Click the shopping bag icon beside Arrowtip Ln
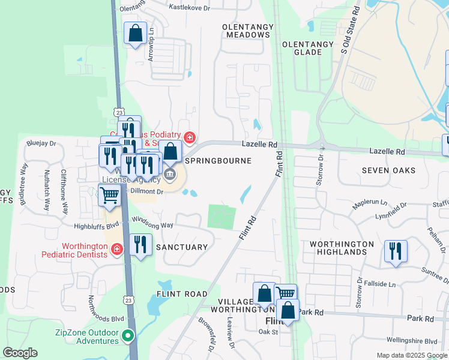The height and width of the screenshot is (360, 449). (136, 34)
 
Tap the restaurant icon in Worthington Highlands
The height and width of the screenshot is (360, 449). (395, 251)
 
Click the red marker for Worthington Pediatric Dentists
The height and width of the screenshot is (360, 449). (117, 249)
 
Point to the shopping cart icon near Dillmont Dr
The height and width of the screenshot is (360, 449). (109, 195)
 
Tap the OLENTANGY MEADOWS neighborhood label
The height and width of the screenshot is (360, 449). (246, 31)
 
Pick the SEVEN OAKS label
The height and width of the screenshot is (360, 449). (388, 170)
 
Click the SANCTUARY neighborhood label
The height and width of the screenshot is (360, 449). (181, 247)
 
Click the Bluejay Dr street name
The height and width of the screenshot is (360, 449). (41, 143)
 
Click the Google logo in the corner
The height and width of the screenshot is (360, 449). (20, 353)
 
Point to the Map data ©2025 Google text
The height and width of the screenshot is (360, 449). (411, 355)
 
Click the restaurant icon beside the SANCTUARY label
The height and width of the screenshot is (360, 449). (140, 245)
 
